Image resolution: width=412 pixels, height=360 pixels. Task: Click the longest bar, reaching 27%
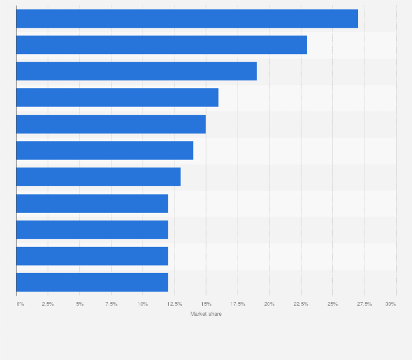[x=187, y=19]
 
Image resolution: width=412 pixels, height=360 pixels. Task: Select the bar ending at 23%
[x=162, y=45]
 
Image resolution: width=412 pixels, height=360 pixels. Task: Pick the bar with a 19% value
[x=137, y=71]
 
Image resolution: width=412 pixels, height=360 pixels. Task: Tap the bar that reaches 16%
[x=117, y=97]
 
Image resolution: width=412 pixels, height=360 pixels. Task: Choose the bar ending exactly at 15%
[x=111, y=124]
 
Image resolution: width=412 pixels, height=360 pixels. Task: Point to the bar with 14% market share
[x=105, y=150]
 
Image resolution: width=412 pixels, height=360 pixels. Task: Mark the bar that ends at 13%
[x=98, y=176]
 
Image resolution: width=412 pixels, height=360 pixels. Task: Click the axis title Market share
[x=206, y=314]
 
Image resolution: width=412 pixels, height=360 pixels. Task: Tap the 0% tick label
[x=20, y=303]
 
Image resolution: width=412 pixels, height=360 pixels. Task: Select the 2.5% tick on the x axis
[x=48, y=303]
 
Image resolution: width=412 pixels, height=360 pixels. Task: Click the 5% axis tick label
[x=80, y=303]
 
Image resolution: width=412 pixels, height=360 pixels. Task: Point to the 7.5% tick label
[x=111, y=303]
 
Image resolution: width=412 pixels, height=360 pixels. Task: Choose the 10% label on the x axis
[x=143, y=303]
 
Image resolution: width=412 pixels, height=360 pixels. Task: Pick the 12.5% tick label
[x=174, y=303]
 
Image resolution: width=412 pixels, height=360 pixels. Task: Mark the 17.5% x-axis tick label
[x=238, y=303]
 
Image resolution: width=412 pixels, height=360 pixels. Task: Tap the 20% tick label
[x=269, y=303]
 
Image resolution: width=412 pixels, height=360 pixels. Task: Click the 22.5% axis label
[x=301, y=303]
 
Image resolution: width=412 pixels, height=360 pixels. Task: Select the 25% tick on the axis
[x=332, y=303]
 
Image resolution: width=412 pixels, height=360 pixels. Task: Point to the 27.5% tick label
[x=364, y=303]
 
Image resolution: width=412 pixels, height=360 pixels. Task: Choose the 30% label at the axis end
[x=390, y=303]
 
